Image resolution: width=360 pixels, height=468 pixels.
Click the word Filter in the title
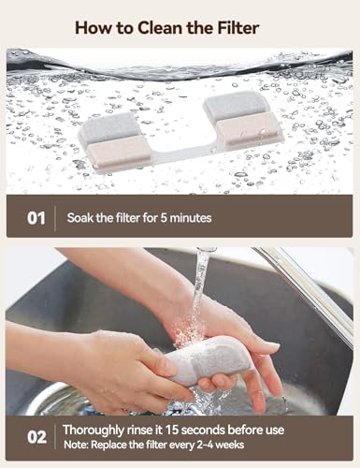click(x=238, y=28)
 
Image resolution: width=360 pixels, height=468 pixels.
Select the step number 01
click(x=36, y=218)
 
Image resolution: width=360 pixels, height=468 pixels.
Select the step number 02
click(x=36, y=437)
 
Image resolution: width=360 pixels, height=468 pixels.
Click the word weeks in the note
click(x=230, y=445)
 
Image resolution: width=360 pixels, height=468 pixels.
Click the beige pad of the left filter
click(x=120, y=153)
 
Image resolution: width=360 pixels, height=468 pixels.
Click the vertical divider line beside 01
click(x=55, y=218)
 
